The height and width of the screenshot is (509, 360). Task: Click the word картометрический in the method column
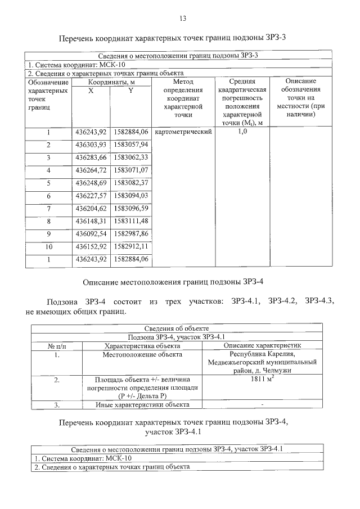pyautogui.click(x=182, y=132)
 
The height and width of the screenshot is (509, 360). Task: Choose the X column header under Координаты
pyautogui.click(x=91, y=91)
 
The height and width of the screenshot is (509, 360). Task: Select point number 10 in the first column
pyautogui.click(x=48, y=247)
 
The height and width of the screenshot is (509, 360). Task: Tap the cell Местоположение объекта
pyautogui.click(x=142, y=354)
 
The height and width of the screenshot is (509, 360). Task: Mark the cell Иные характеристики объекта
pyautogui.click(x=142, y=404)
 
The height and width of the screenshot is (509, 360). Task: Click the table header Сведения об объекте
pyautogui.click(x=177, y=328)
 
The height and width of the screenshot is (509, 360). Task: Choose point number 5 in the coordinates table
pyautogui.click(x=48, y=183)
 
